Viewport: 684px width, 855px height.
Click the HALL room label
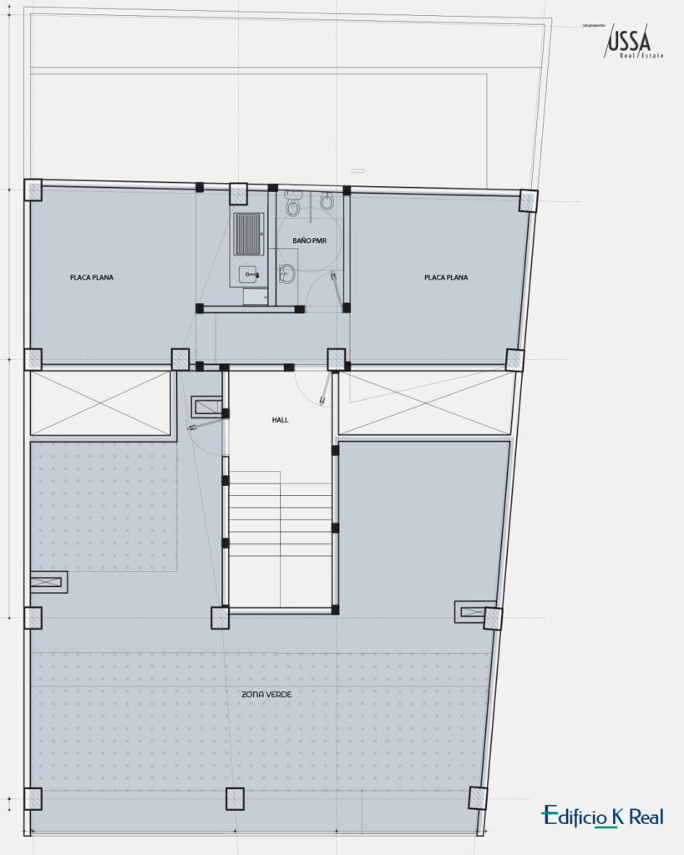[x=280, y=420]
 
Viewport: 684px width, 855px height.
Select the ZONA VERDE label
[x=266, y=695]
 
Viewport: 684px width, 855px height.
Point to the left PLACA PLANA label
[x=92, y=277]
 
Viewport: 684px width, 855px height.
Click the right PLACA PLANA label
[x=446, y=277]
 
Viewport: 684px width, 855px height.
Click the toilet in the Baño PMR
[x=292, y=203]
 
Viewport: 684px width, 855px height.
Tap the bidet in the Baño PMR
[x=327, y=201]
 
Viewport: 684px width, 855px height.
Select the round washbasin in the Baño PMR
[x=286, y=272]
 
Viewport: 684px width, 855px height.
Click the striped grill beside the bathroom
[x=249, y=233]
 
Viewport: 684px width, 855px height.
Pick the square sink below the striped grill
[x=249, y=273]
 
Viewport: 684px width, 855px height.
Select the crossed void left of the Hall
[x=100, y=403]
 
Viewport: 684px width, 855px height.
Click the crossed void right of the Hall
[x=426, y=403]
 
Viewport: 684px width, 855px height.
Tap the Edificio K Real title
[x=602, y=817]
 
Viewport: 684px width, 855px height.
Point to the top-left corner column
[x=33, y=190]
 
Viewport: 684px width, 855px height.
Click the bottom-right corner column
[x=478, y=797]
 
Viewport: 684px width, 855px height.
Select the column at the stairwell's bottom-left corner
[x=220, y=617]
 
